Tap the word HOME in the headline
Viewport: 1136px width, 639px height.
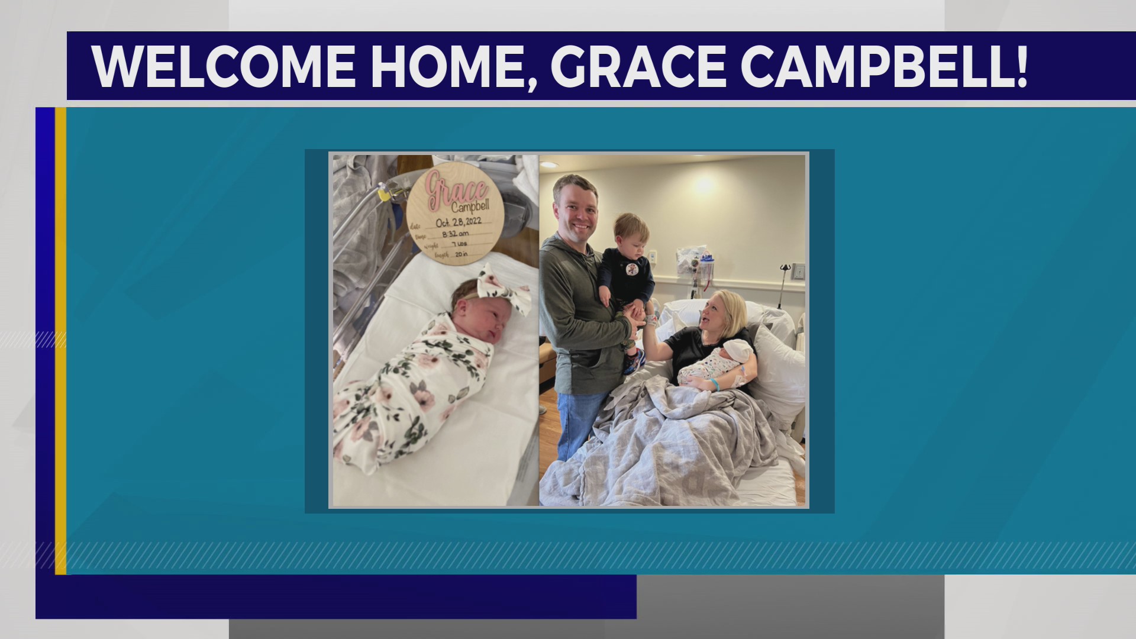click(448, 66)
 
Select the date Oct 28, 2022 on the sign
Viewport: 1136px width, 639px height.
click(459, 222)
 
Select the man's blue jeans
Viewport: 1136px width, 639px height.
click(577, 420)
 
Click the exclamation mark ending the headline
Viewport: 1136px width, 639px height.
click(1021, 66)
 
